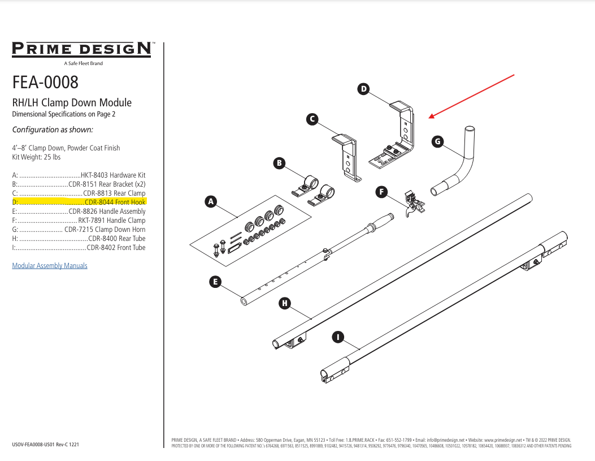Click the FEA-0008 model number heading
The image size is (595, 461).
(45, 83)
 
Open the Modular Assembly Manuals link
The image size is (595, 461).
(50, 266)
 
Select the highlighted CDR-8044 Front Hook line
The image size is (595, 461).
(79, 202)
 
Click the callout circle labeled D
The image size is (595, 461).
(364, 89)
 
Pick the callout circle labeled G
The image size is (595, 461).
(437, 141)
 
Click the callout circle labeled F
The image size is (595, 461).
(382, 192)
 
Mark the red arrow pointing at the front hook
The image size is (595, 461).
(472, 96)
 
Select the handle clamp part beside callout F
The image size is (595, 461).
(414, 204)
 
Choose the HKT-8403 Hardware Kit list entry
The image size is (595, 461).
(79, 175)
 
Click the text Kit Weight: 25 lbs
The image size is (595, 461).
(36, 157)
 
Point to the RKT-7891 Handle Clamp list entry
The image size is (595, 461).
(79, 220)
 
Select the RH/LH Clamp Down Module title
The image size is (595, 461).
(72, 102)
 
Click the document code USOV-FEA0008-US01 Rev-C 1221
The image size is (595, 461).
(45, 445)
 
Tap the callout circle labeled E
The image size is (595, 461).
(214, 281)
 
